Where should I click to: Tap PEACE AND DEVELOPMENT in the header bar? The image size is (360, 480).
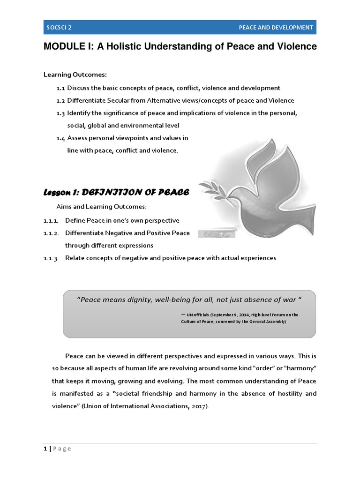click(x=276, y=27)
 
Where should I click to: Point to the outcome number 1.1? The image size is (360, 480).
click(x=60, y=88)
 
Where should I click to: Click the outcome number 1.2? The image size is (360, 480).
click(x=60, y=100)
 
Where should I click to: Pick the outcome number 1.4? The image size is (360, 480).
click(x=60, y=138)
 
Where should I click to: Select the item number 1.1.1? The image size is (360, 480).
click(x=51, y=220)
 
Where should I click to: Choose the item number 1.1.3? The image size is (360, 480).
click(x=51, y=258)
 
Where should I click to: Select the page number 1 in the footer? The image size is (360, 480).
click(x=45, y=449)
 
